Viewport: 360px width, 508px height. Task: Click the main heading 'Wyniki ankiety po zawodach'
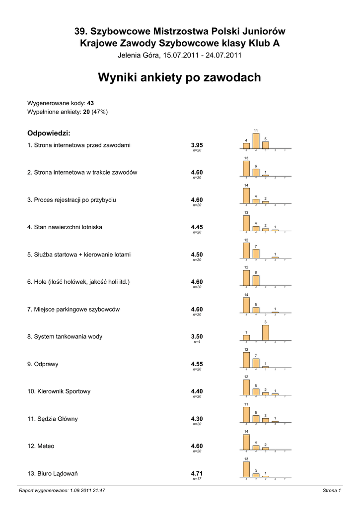point(179,77)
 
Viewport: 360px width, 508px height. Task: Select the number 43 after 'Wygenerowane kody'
point(90,103)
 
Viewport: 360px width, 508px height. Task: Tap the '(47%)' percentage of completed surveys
point(99,112)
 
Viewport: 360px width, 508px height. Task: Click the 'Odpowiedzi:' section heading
point(49,133)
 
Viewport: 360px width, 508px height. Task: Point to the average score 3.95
point(197,145)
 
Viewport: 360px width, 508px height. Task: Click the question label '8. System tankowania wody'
point(65,336)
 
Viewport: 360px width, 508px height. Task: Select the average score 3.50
point(197,336)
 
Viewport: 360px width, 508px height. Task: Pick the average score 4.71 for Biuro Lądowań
point(197,473)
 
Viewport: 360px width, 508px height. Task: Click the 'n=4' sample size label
point(197,342)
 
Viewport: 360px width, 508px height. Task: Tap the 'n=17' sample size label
point(197,479)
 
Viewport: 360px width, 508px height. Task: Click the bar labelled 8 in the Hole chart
point(256,280)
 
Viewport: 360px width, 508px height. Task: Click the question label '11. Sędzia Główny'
point(52,419)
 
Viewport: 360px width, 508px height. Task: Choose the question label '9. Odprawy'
point(43,364)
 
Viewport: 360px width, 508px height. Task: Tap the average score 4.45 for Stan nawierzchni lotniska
point(197,227)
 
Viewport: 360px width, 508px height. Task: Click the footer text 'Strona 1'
point(331,491)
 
